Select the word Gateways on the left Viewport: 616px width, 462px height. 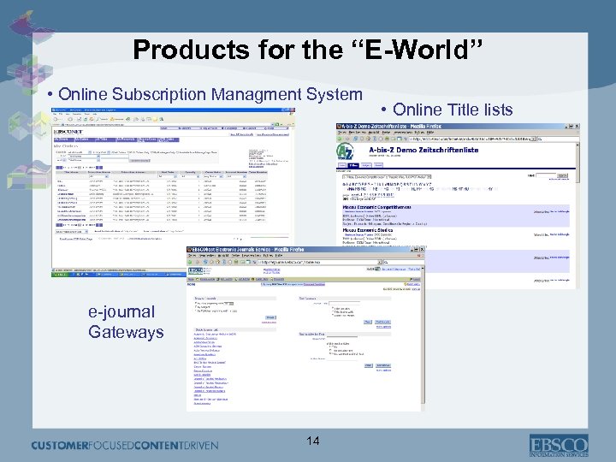pos(126,332)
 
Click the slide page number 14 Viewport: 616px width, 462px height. pos(313,440)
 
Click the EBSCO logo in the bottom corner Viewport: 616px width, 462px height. pos(559,444)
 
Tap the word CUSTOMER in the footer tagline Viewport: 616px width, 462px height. pos(64,445)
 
